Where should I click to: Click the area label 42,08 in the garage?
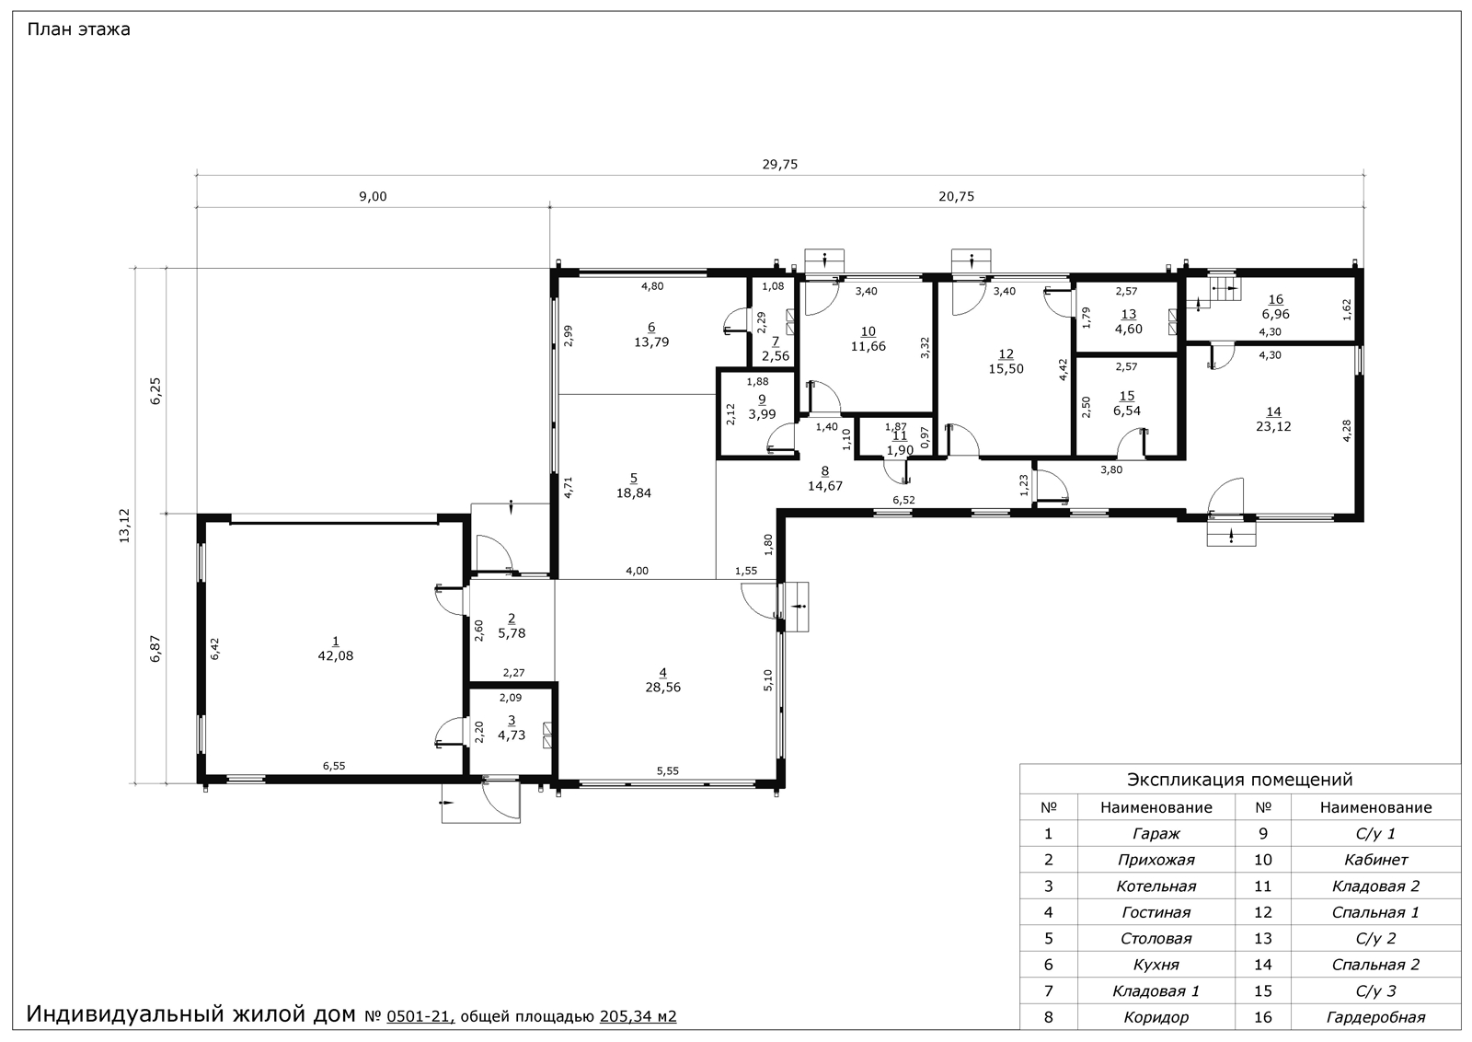click(x=335, y=655)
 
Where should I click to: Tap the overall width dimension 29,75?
click(x=780, y=165)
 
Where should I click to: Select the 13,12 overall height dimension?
click(x=124, y=526)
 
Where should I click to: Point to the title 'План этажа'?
click(x=78, y=29)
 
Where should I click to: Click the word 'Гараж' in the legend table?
click(x=1156, y=834)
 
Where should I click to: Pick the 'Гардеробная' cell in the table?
click(x=1375, y=1018)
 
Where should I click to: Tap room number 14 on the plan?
click(x=1273, y=412)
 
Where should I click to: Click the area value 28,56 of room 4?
click(x=662, y=687)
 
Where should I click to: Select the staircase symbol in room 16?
click(x=1226, y=289)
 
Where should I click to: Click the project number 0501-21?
click(x=420, y=1016)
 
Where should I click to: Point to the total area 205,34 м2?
click(x=638, y=1016)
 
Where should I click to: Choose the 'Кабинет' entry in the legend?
click(x=1375, y=860)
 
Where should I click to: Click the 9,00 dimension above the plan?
click(x=373, y=197)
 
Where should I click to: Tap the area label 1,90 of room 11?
click(x=900, y=450)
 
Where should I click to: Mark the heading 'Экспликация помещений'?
click(x=1240, y=780)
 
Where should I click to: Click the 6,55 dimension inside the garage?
click(x=334, y=766)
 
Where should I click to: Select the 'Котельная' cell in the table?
click(x=1156, y=886)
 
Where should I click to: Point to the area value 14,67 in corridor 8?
click(x=824, y=487)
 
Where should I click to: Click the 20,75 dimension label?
click(x=956, y=197)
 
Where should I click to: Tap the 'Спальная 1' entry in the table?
click(x=1375, y=912)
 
